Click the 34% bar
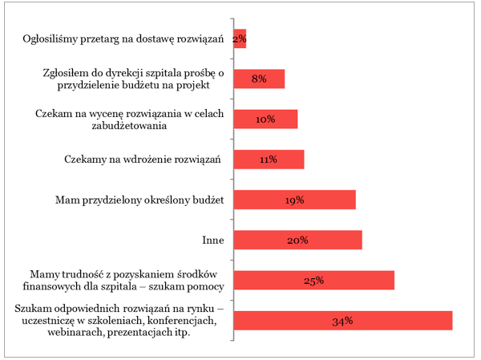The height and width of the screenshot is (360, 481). [x=343, y=320]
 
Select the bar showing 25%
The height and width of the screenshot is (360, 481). [x=313, y=280]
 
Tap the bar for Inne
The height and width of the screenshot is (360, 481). [x=297, y=240]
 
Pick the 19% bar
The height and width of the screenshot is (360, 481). [x=294, y=200]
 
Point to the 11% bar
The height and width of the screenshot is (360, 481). [x=269, y=160]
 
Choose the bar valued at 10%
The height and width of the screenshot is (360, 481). [x=265, y=119]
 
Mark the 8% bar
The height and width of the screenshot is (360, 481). [x=259, y=79]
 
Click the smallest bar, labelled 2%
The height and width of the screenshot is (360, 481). [x=240, y=39]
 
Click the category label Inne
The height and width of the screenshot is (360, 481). [x=213, y=240]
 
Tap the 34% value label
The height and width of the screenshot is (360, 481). [x=343, y=321]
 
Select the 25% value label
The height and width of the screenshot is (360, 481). [x=313, y=281]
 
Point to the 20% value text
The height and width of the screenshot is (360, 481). [x=297, y=241]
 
